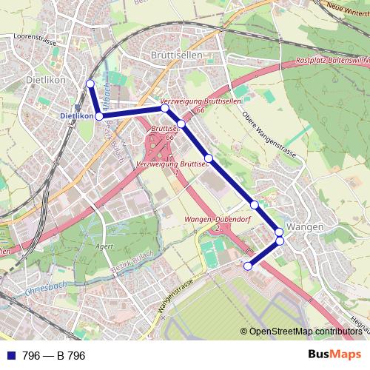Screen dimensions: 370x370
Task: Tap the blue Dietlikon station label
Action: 76,116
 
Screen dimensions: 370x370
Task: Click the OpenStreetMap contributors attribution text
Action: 306,332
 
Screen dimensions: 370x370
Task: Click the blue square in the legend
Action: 10,356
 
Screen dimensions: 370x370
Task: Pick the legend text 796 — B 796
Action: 54,356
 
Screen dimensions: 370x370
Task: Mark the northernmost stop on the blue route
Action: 90,83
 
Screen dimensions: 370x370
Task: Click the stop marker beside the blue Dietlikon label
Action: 98,116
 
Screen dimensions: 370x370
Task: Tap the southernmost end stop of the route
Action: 248,266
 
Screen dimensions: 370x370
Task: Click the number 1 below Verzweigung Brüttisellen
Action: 177,172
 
